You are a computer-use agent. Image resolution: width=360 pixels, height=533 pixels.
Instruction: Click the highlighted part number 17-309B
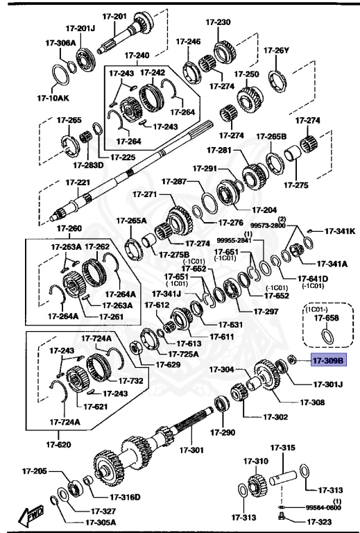tap(327, 361)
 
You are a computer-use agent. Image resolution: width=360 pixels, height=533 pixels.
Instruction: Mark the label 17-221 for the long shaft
tap(78, 183)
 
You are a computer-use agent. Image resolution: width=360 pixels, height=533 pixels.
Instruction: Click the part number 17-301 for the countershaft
tap(193, 450)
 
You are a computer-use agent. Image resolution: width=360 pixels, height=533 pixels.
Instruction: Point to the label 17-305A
tap(101, 522)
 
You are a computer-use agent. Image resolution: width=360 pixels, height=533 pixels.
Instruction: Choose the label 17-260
tap(69, 228)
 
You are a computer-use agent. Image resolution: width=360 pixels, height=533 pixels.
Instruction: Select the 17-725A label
tap(185, 353)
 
